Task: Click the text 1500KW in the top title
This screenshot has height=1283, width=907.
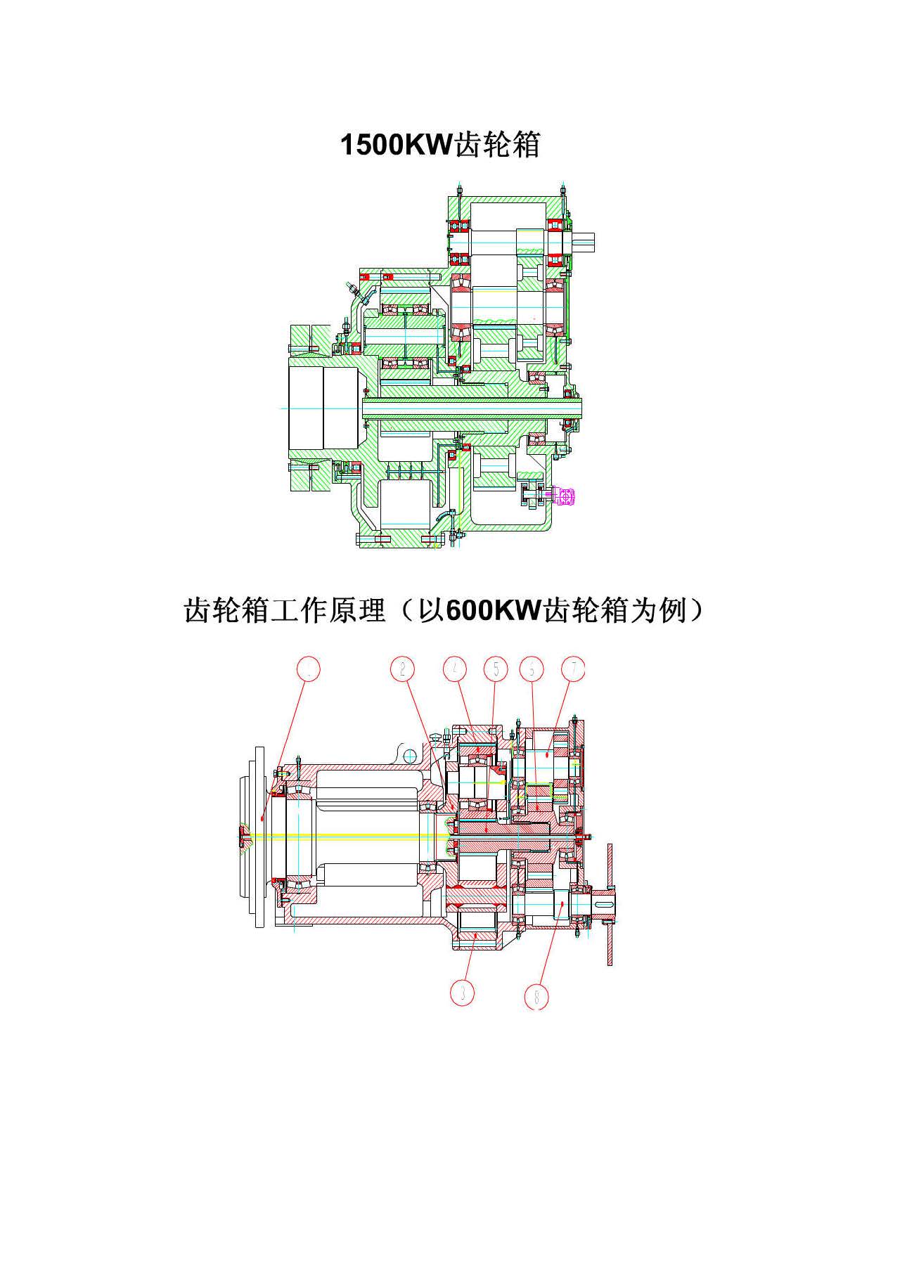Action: coord(397,145)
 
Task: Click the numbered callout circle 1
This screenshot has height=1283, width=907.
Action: coord(308,669)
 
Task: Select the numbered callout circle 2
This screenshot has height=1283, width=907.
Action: coord(402,669)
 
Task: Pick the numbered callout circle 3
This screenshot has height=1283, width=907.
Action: coord(462,992)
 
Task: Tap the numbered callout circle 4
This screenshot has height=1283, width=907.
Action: coord(456,669)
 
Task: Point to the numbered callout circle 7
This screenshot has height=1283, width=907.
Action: coord(574,669)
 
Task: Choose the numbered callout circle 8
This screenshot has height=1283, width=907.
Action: coord(537,996)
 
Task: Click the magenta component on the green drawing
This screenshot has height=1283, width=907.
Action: coord(565,496)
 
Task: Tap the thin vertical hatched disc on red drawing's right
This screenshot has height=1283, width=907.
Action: coord(609,904)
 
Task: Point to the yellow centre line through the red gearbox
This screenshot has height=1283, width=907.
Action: coord(352,835)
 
